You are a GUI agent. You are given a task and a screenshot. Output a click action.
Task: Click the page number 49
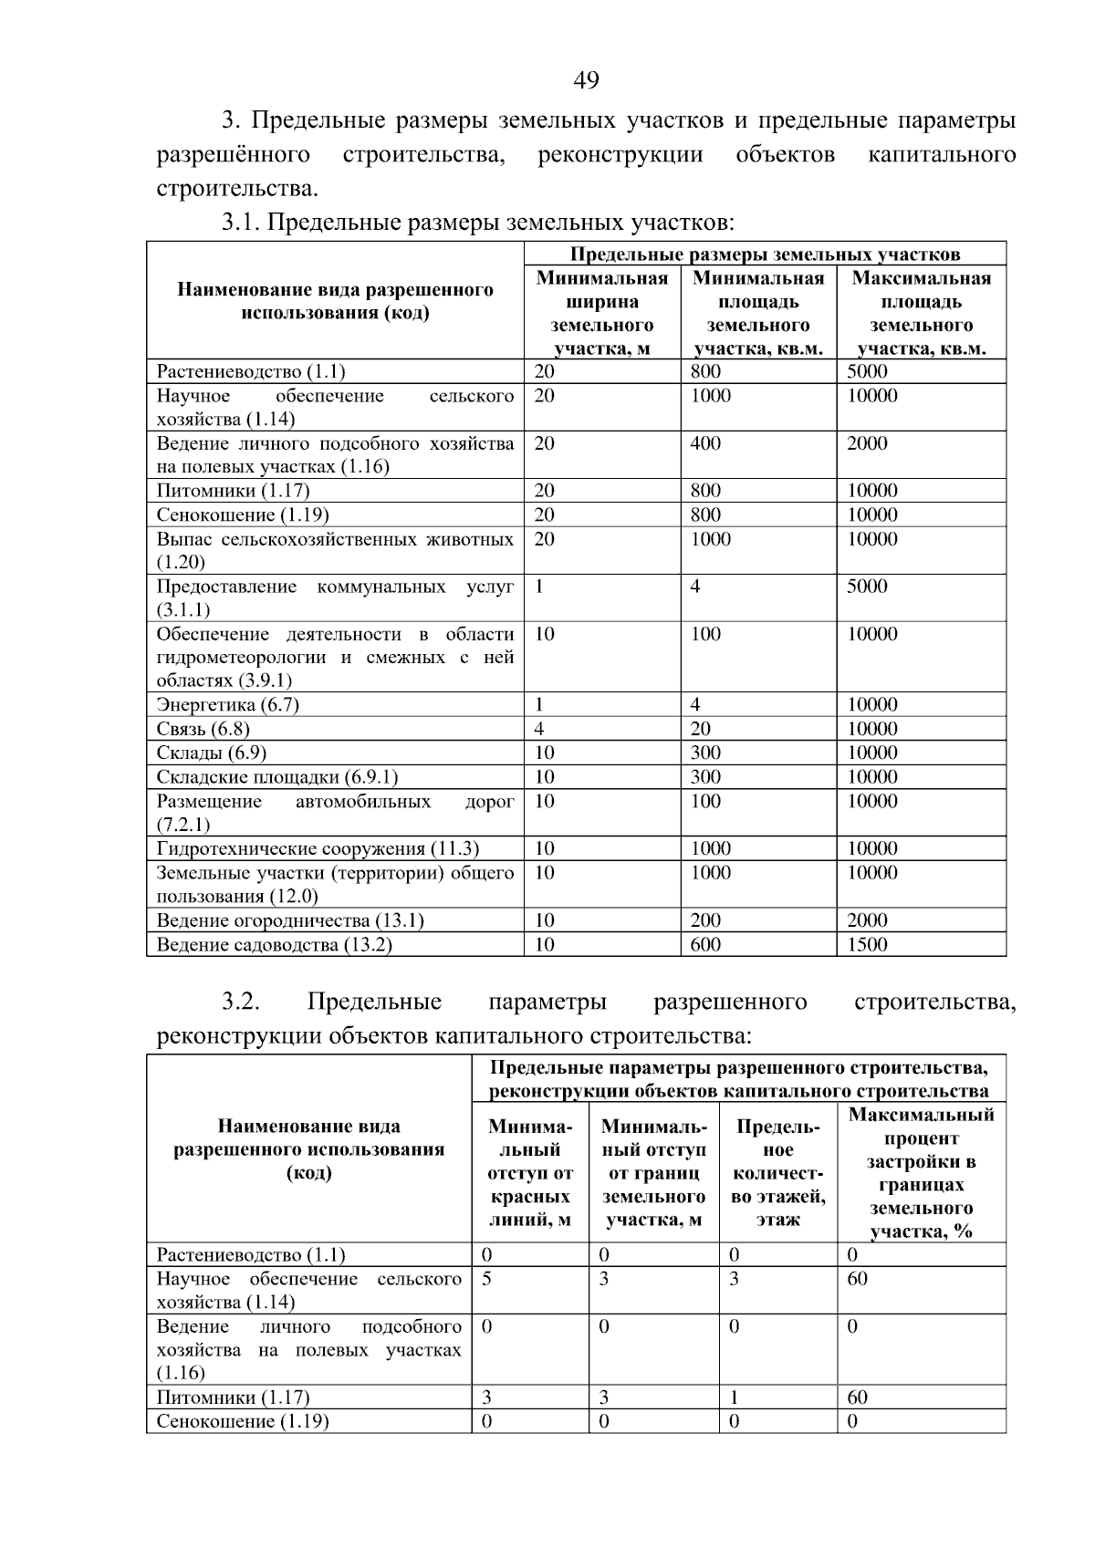click(x=586, y=81)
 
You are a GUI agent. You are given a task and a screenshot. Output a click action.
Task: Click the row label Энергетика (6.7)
click(x=228, y=704)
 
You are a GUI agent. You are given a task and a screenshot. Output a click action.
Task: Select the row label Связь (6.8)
click(x=203, y=729)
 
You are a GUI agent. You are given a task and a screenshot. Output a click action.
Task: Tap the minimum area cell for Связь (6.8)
click(x=701, y=729)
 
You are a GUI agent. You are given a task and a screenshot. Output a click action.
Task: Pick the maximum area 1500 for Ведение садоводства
click(x=867, y=945)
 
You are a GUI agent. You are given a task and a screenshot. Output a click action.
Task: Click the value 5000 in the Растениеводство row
click(x=867, y=371)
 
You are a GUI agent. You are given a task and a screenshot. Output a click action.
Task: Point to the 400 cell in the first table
click(x=705, y=443)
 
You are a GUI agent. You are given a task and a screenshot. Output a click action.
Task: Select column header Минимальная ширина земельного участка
click(x=602, y=313)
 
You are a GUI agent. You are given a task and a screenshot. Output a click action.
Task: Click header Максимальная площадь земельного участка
click(x=921, y=313)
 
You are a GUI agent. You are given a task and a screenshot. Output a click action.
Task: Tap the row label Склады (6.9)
click(x=212, y=753)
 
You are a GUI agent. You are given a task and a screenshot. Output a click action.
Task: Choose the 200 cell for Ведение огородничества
click(x=705, y=920)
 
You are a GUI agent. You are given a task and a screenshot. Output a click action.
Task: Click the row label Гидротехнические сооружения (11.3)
click(x=318, y=848)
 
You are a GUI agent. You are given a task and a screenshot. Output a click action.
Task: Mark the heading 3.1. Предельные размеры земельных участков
click(x=478, y=222)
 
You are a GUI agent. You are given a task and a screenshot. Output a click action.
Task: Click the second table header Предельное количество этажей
click(x=777, y=1173)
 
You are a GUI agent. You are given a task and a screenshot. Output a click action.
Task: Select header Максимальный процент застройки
click(x=921, y=1173)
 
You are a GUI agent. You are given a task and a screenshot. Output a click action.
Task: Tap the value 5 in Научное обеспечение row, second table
click(x=487, y=1279)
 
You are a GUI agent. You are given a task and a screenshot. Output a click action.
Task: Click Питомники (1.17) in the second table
click(x=234, y=1397)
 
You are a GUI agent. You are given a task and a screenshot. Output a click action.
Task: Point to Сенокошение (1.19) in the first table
click(x=243, y=514)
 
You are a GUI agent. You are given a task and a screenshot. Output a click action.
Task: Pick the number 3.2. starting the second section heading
click(x=240, y=1002)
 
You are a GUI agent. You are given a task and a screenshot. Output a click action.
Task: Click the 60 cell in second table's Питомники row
click(x=857, y=1397)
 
